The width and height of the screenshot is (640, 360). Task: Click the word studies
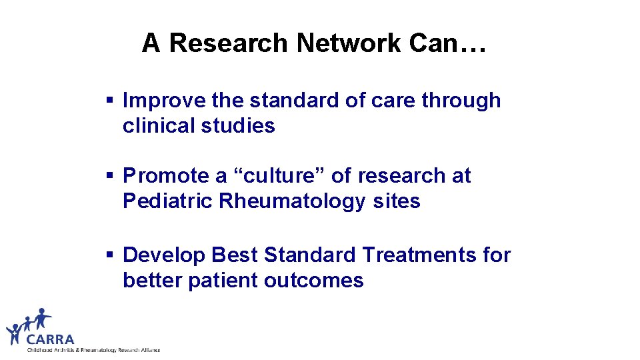pos(238,126)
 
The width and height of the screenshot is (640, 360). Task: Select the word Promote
pos(166,176)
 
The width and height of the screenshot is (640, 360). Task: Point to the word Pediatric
pos(167,201)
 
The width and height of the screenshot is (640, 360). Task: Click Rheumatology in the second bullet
pos(291,201)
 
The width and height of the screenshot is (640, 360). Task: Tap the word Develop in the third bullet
pos(165,255)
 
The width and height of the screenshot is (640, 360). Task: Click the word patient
pos(223,280)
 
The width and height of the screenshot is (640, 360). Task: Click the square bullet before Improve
pos(111,101)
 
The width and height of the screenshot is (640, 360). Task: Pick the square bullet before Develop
pos(111,255)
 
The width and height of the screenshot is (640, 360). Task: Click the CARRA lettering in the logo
pos(51,339)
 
